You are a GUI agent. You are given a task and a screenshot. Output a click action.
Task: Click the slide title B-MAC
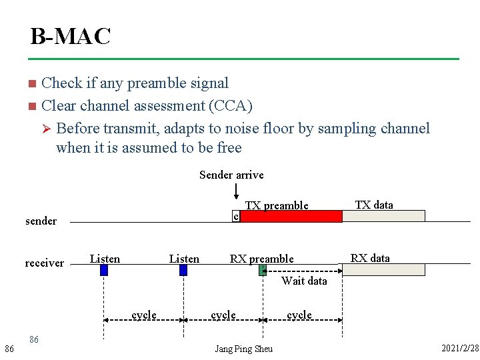coord(70,36)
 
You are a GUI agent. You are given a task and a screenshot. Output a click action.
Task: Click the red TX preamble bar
coord(291,216)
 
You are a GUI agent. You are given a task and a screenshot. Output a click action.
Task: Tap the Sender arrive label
coord(231,175)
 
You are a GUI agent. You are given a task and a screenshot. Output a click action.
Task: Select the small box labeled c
coord(235,216)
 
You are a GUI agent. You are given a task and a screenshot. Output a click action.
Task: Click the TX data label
coord(374,205)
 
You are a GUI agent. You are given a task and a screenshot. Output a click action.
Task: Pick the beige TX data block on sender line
coord(383,216)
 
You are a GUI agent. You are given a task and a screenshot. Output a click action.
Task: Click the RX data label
coord(370,258)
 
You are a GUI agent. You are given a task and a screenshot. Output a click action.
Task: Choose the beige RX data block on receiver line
coord(383,269)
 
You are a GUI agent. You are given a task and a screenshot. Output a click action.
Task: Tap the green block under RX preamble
coord(263,269)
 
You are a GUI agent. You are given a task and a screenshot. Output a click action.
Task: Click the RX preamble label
coord(261,259)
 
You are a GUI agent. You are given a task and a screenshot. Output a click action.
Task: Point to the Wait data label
coord(304,281)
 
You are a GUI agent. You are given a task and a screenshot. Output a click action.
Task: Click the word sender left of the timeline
coord(41,221)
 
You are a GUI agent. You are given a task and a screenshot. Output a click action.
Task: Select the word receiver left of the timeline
coord(44,263)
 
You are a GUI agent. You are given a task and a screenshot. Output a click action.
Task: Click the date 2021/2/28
coord(460,349)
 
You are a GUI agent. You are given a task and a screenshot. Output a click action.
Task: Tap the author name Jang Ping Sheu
coord(243,349)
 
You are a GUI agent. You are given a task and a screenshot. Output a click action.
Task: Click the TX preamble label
coord(277,205)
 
